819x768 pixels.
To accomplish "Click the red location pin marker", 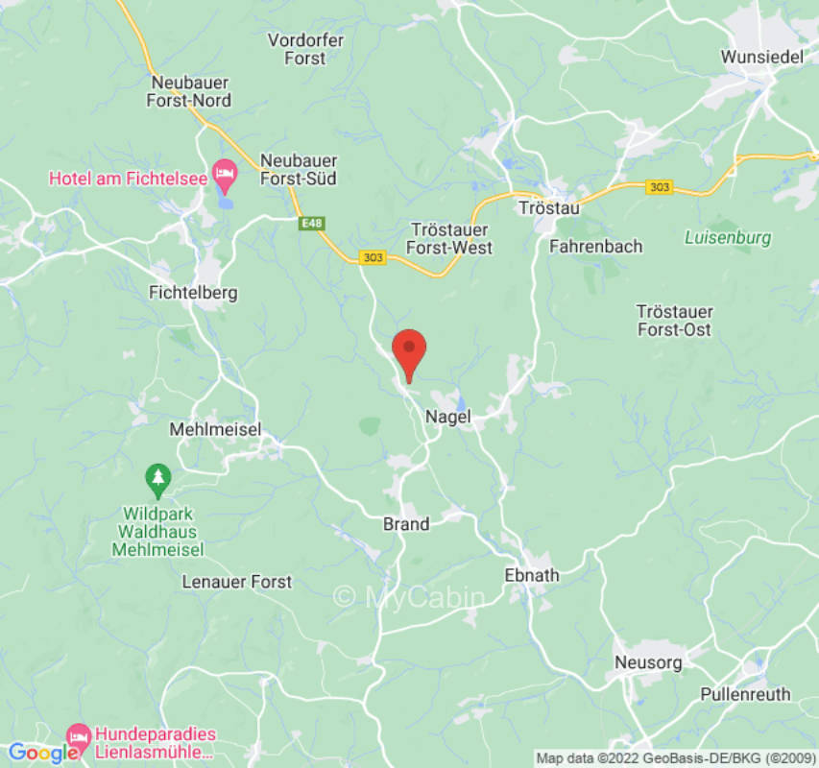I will pos(410,353).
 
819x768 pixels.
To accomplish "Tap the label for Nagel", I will pos(446,417).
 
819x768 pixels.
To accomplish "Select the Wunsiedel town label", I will pos(761,58).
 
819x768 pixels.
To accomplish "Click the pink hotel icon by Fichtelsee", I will pos(224,173).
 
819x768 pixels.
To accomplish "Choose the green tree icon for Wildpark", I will pos(157,476).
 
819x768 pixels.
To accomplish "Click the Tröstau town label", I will pos(544,207).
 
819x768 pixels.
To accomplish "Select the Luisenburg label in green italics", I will pos(729,237).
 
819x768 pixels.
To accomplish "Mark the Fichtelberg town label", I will pos(193,293).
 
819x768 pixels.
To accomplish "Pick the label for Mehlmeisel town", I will pos(215,430).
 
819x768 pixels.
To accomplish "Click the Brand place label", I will pos(406,524).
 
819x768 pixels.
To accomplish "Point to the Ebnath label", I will pos(531,575).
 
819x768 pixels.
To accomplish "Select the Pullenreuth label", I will pos(745,694).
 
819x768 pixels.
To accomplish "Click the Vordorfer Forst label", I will pos(305,49).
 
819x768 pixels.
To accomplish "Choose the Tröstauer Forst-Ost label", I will pos(675,321).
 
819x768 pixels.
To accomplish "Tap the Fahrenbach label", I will pos(595,247).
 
